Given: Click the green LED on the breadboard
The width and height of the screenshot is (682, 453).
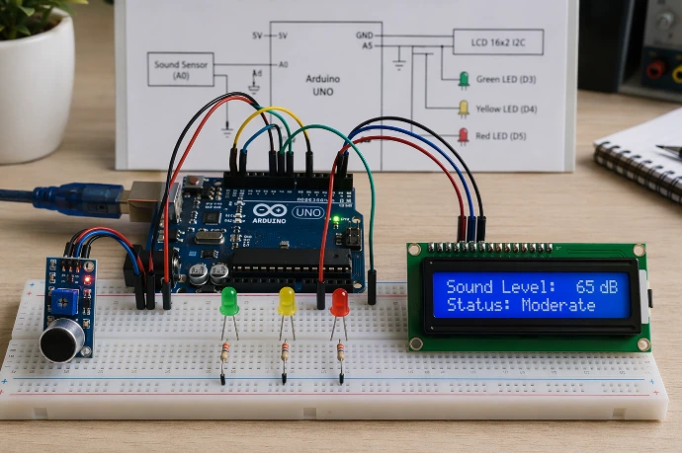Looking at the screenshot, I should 228,301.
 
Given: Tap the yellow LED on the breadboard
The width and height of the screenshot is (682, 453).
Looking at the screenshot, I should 287,301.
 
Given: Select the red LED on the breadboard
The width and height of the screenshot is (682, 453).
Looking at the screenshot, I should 339,302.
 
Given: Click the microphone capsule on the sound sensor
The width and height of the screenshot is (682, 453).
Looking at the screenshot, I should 60,342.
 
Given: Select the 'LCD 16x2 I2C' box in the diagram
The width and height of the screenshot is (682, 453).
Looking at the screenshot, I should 498,41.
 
